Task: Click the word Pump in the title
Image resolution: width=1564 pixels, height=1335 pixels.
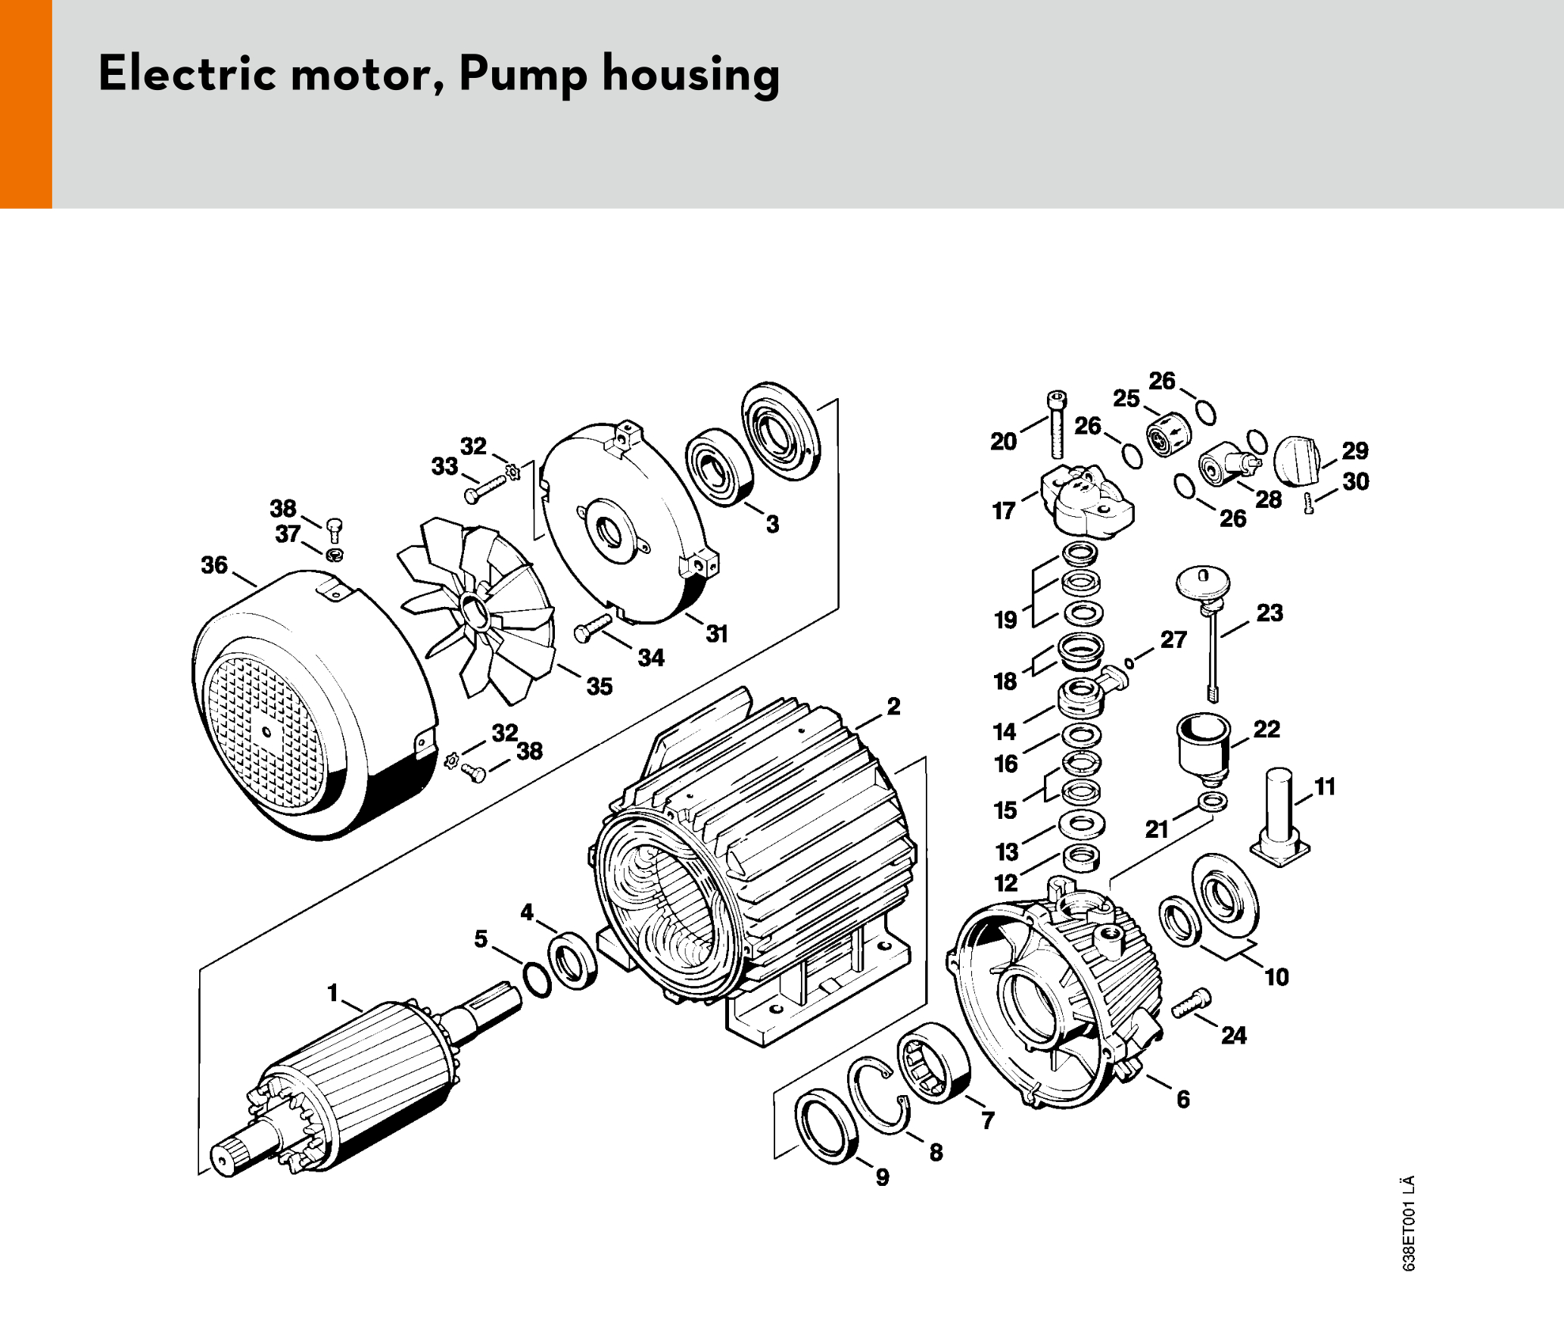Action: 522,75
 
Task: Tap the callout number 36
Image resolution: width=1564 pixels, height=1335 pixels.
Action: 214,565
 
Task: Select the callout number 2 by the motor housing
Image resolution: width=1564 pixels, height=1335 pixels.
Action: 894,707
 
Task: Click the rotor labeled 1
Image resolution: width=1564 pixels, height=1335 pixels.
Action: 356,1082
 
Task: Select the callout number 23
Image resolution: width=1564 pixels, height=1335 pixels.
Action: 1270,613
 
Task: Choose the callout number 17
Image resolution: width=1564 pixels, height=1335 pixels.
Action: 1004,512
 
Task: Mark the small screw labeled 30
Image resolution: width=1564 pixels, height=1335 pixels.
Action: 1309,503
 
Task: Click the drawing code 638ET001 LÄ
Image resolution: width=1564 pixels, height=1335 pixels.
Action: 1408,1223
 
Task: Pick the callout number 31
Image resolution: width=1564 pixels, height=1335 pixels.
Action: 717,634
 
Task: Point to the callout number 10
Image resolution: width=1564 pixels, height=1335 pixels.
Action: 1276,977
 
